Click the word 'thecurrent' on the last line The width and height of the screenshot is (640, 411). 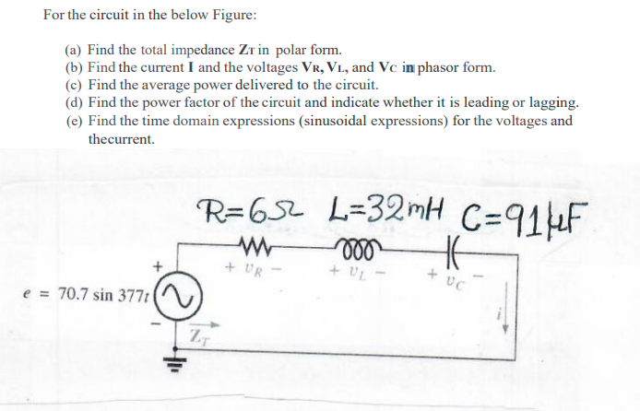click(x=121, y=139)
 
